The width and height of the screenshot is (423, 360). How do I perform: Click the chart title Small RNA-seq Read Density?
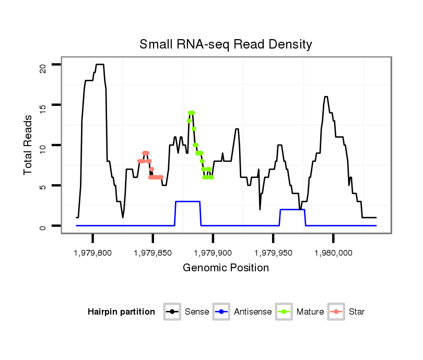tap(226, 44)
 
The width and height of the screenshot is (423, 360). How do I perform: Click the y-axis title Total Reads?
tap(29, 145)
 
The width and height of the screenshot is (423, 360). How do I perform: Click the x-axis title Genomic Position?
tap(226, 268)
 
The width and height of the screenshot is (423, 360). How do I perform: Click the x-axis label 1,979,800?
tap(92, 253)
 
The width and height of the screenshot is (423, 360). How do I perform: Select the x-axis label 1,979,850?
tap(152, 253)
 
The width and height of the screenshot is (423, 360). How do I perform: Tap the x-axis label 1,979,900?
tap(213, 253)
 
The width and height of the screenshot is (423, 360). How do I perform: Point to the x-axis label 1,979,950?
tap(273, 253)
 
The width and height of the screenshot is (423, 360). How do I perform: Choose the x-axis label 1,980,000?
tap(333, 253)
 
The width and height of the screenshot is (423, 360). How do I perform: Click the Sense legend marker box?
tap(172, 312)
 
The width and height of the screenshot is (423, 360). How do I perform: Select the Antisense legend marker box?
tap(221, 312)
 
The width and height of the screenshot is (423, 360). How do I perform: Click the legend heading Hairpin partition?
tap(121, 312)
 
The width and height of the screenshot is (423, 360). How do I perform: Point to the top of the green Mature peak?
tap(192, 113)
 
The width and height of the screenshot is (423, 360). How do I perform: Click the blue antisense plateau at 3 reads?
tap(187, 201)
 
